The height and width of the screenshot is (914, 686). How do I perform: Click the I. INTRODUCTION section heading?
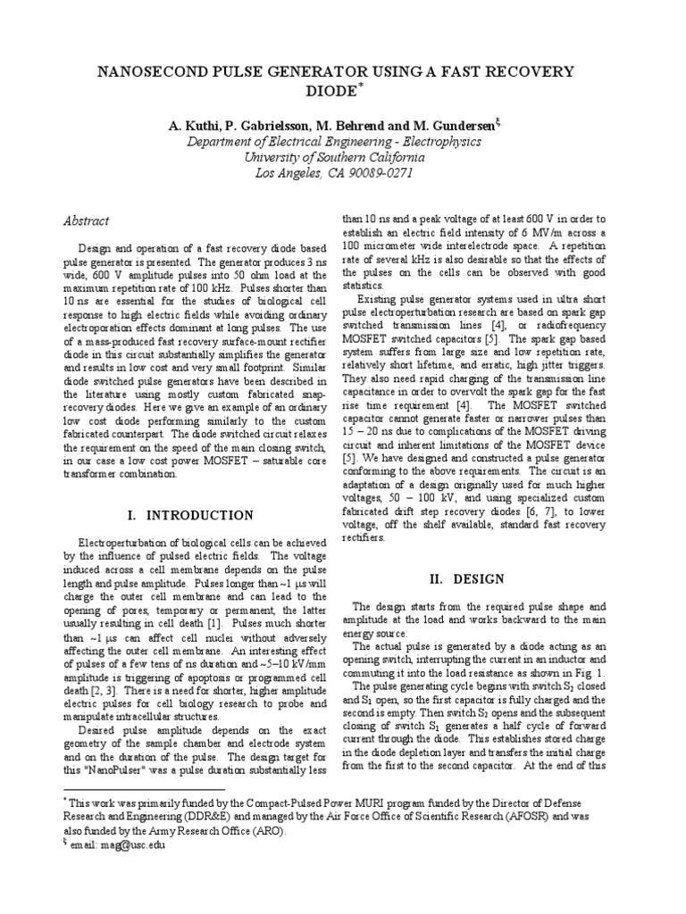pyautogui.click(x=191, y=515)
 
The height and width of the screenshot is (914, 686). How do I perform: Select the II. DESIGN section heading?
pyautogui.click(x=467, y=579)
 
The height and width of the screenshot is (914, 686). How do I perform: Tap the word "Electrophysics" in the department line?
pyautogui.click(x=455, y=142)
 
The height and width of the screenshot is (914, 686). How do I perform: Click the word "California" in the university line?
pyautogui.click(x=399, y=158)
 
